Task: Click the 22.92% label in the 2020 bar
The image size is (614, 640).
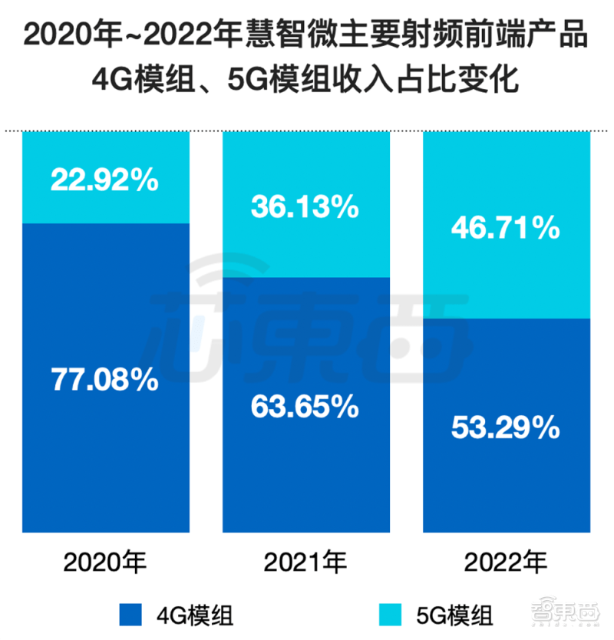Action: [104, 180]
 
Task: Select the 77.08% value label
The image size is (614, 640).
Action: [104, 378]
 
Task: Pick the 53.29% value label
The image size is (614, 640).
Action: [505, 427]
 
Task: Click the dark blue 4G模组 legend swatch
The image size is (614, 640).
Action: [133, 615]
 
